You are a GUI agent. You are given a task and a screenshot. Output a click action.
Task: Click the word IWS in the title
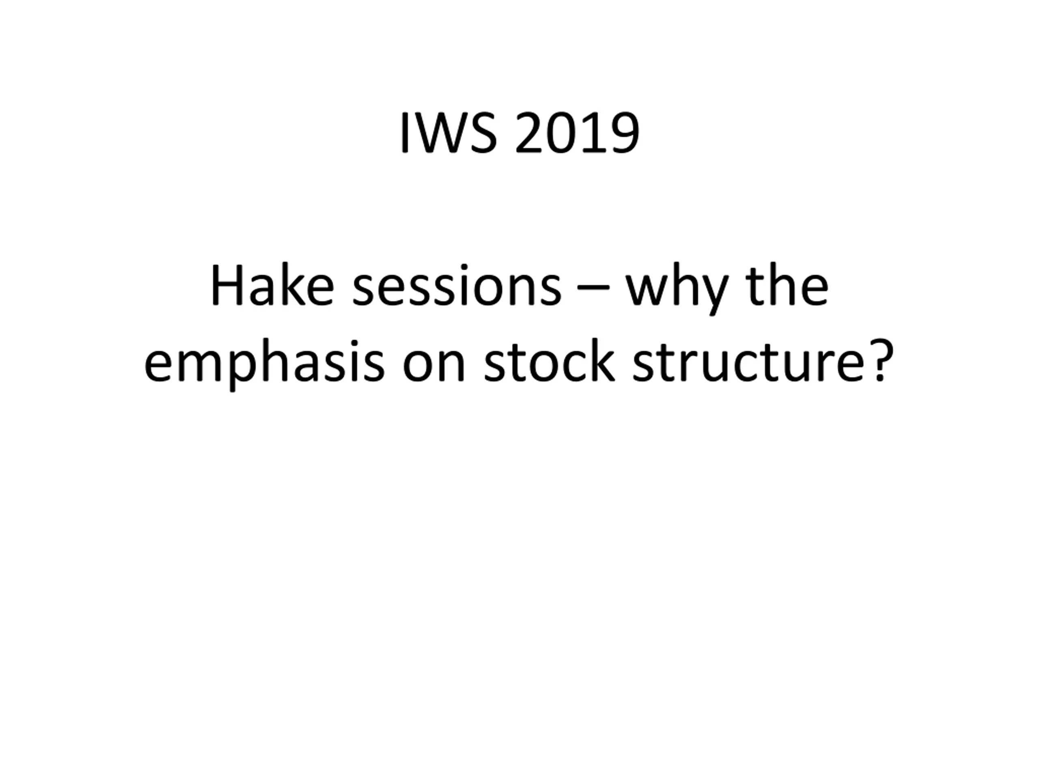coord(448,133)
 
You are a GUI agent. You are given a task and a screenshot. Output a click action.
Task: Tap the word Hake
coord(272,286)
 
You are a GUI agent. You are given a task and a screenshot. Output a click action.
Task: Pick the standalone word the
coord(787,286)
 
